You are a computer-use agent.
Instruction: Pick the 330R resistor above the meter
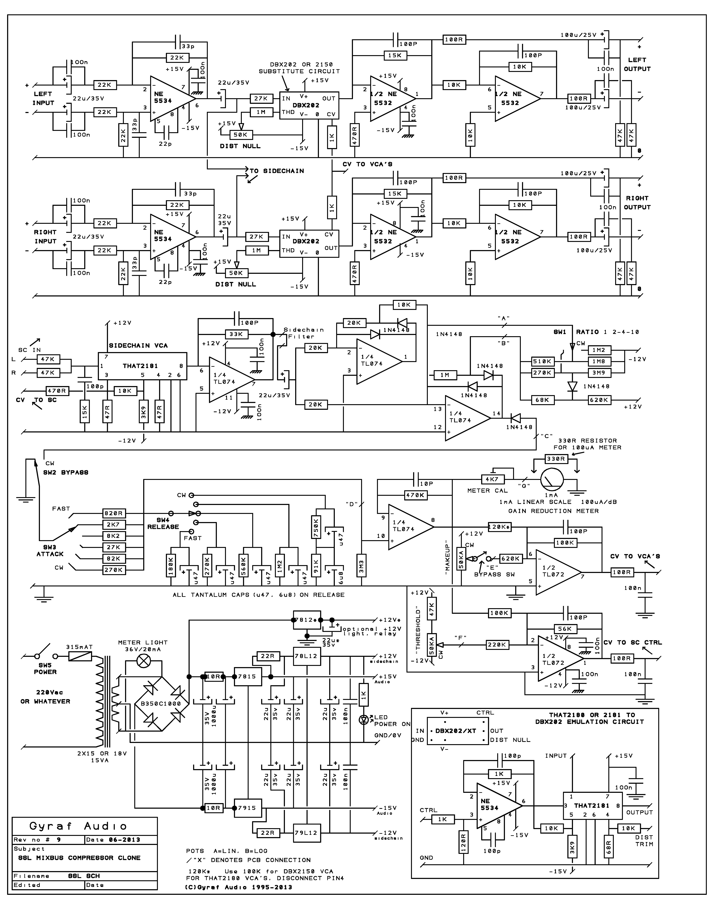pos(556,459)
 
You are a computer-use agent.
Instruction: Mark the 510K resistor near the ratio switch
pos(542,361)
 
